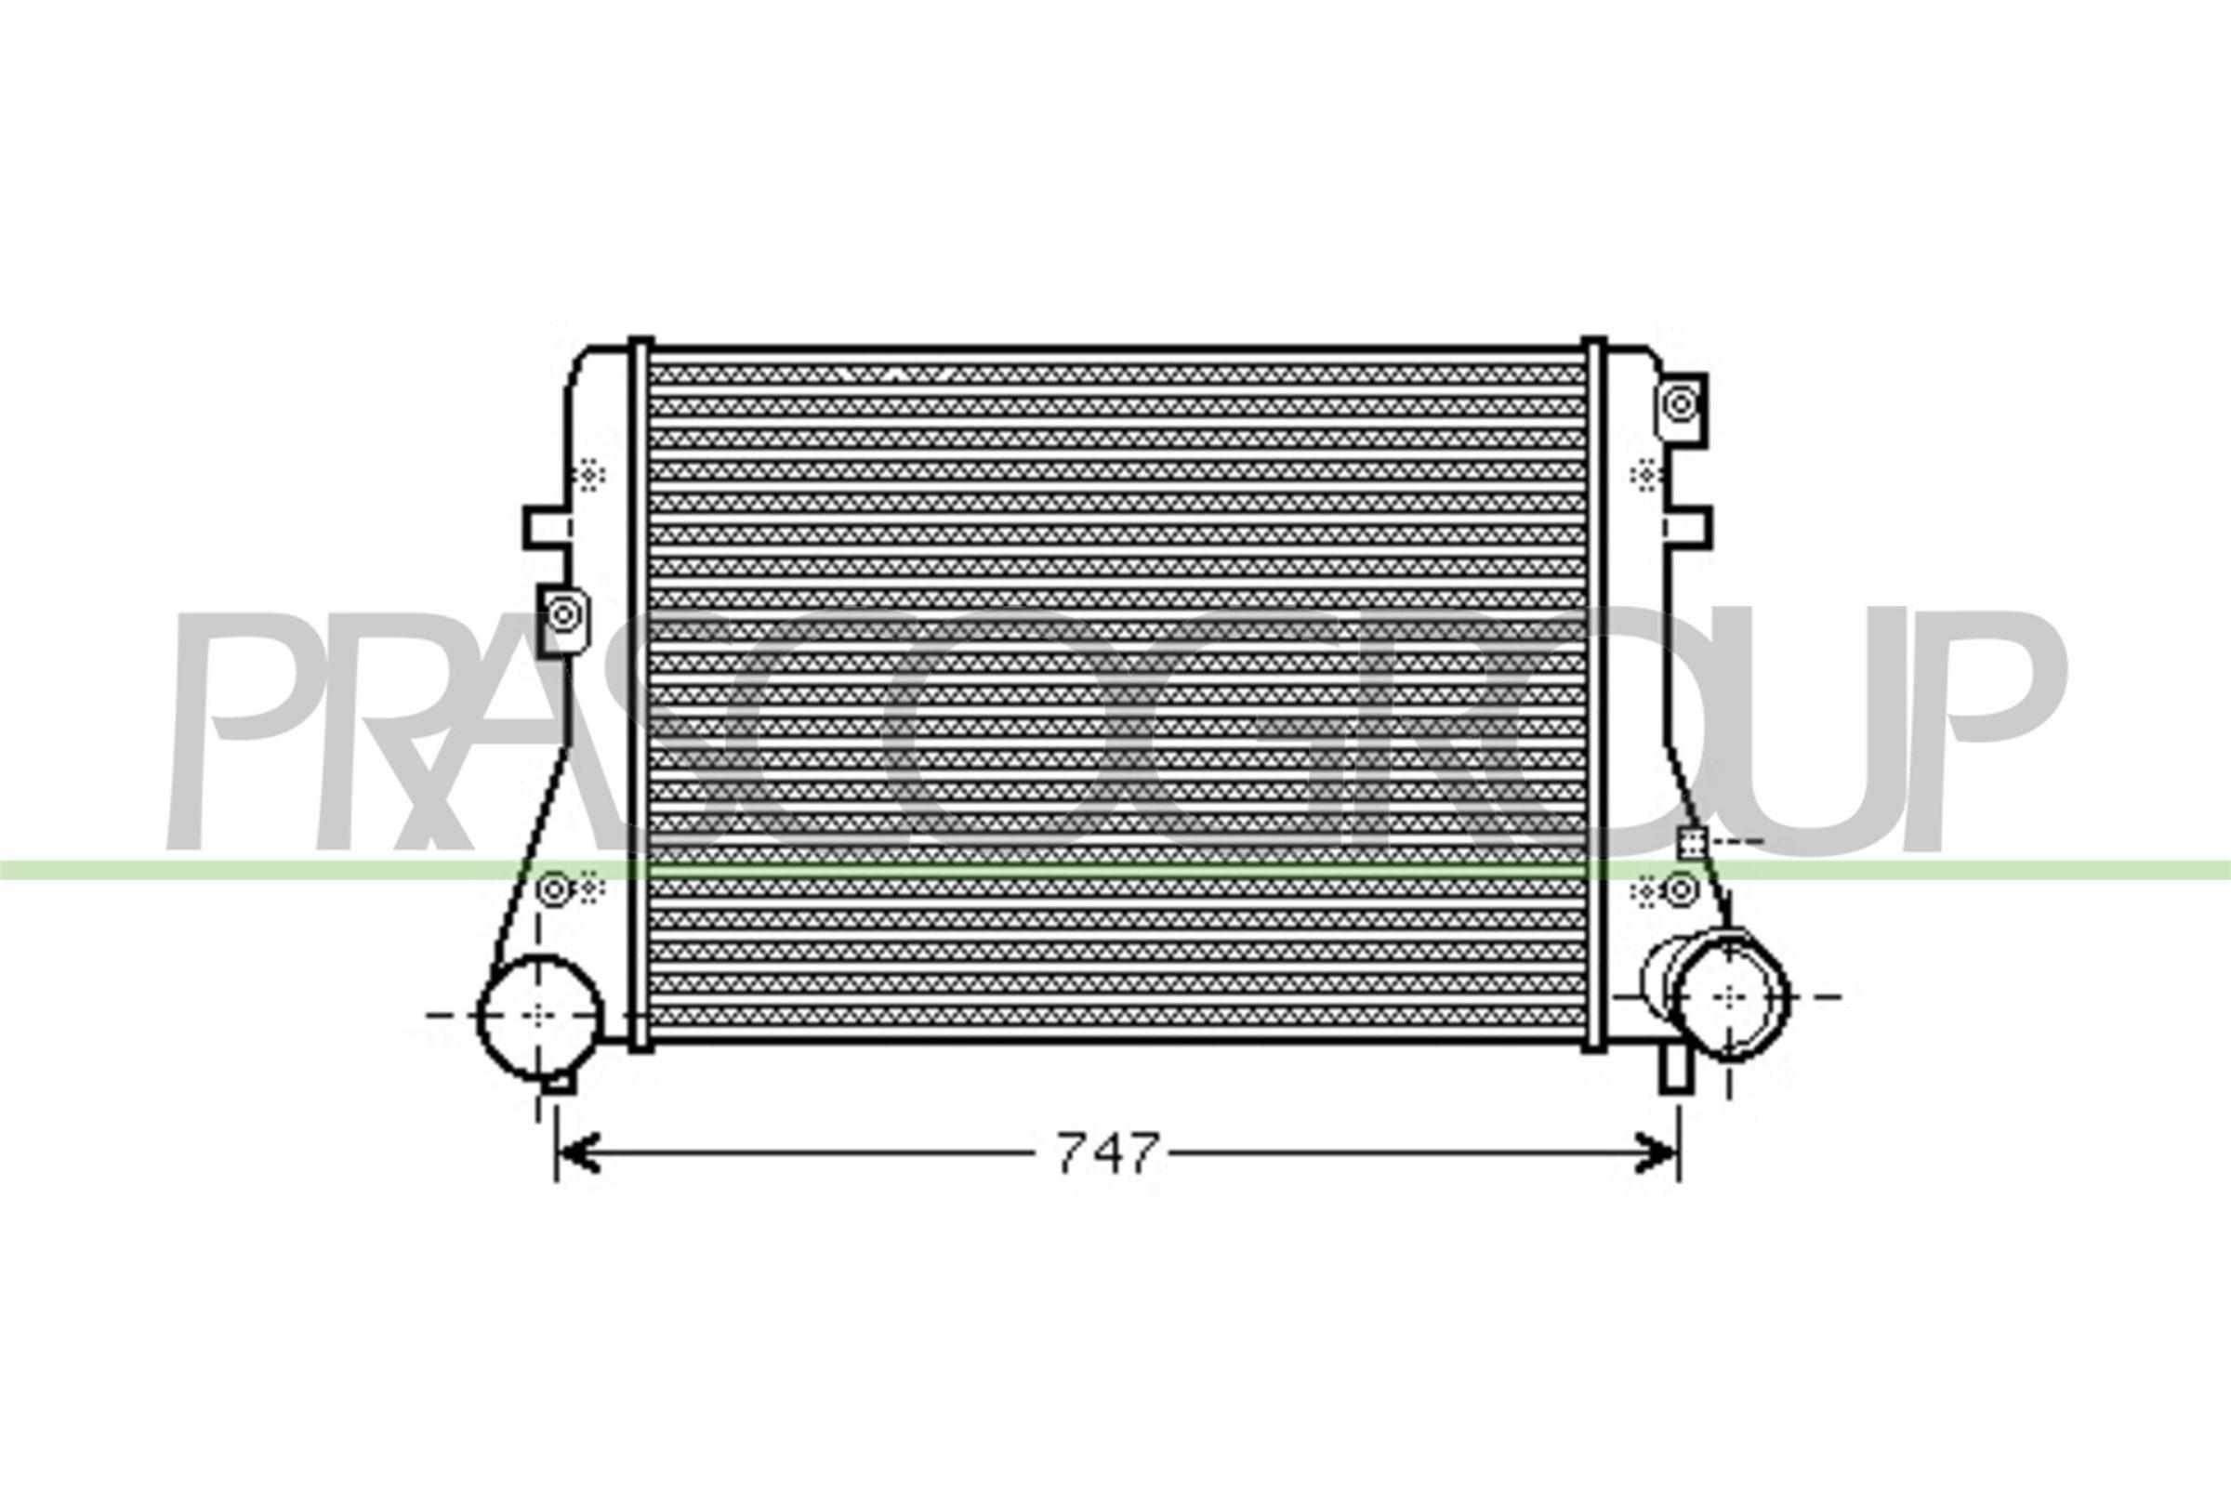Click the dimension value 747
(1108, 1153)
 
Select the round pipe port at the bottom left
(539, 1016)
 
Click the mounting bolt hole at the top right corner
(1681, 404)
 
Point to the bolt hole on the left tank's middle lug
(563, 614)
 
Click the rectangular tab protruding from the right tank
(1689, 527)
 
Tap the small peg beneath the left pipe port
(561, 1081)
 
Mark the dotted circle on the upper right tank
(1644, 474)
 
